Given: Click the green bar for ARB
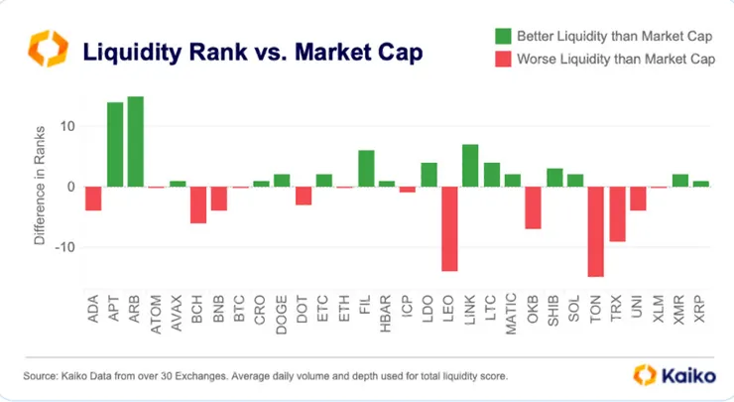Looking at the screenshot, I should click(136, 142).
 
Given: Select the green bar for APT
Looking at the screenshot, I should click(115, 145).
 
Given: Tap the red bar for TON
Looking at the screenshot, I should click(596, 231).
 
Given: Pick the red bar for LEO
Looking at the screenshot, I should click(450, 228).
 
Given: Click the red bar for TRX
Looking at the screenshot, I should click(617, 213).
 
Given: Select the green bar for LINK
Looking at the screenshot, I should click(471, 166).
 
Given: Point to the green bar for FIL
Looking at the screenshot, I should click(366, 169).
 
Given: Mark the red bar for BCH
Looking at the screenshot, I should click(198, 204).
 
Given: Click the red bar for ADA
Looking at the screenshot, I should click(94, 199).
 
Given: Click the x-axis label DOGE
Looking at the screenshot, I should click(283, 316).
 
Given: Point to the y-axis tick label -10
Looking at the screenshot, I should click(64, 247).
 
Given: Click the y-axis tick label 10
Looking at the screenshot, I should click(67, 126).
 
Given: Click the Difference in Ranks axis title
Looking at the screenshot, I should click(41, 187).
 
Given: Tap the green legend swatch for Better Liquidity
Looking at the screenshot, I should click(503, 37).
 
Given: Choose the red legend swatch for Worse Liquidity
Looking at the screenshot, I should click(503, 60).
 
